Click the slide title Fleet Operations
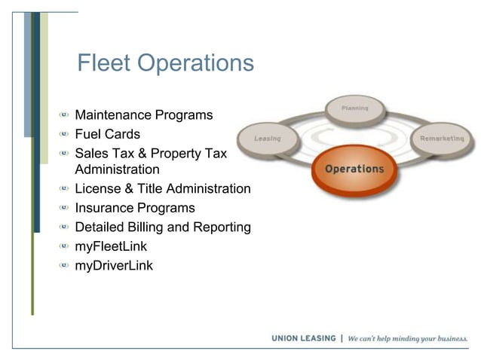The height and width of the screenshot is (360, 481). pos(165,63)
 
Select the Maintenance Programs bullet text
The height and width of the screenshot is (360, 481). pos(144,116)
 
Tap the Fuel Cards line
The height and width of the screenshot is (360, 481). pos(107,135)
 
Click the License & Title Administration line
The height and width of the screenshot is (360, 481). pos(163,189)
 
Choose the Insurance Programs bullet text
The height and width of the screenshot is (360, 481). pos(135,208)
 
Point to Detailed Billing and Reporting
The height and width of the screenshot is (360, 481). pos(163,227)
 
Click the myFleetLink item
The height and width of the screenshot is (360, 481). pos(111,246)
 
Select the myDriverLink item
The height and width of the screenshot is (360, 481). pos(114,265)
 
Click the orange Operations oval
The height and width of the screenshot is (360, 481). pos(354,169)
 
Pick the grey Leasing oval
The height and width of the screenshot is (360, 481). pos(268,139)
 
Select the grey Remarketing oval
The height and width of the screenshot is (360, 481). pos(442,139)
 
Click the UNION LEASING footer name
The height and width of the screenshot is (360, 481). pos(304,339)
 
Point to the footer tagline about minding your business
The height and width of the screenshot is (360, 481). pos(407,339)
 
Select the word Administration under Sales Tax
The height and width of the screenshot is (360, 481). pos(117,170)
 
